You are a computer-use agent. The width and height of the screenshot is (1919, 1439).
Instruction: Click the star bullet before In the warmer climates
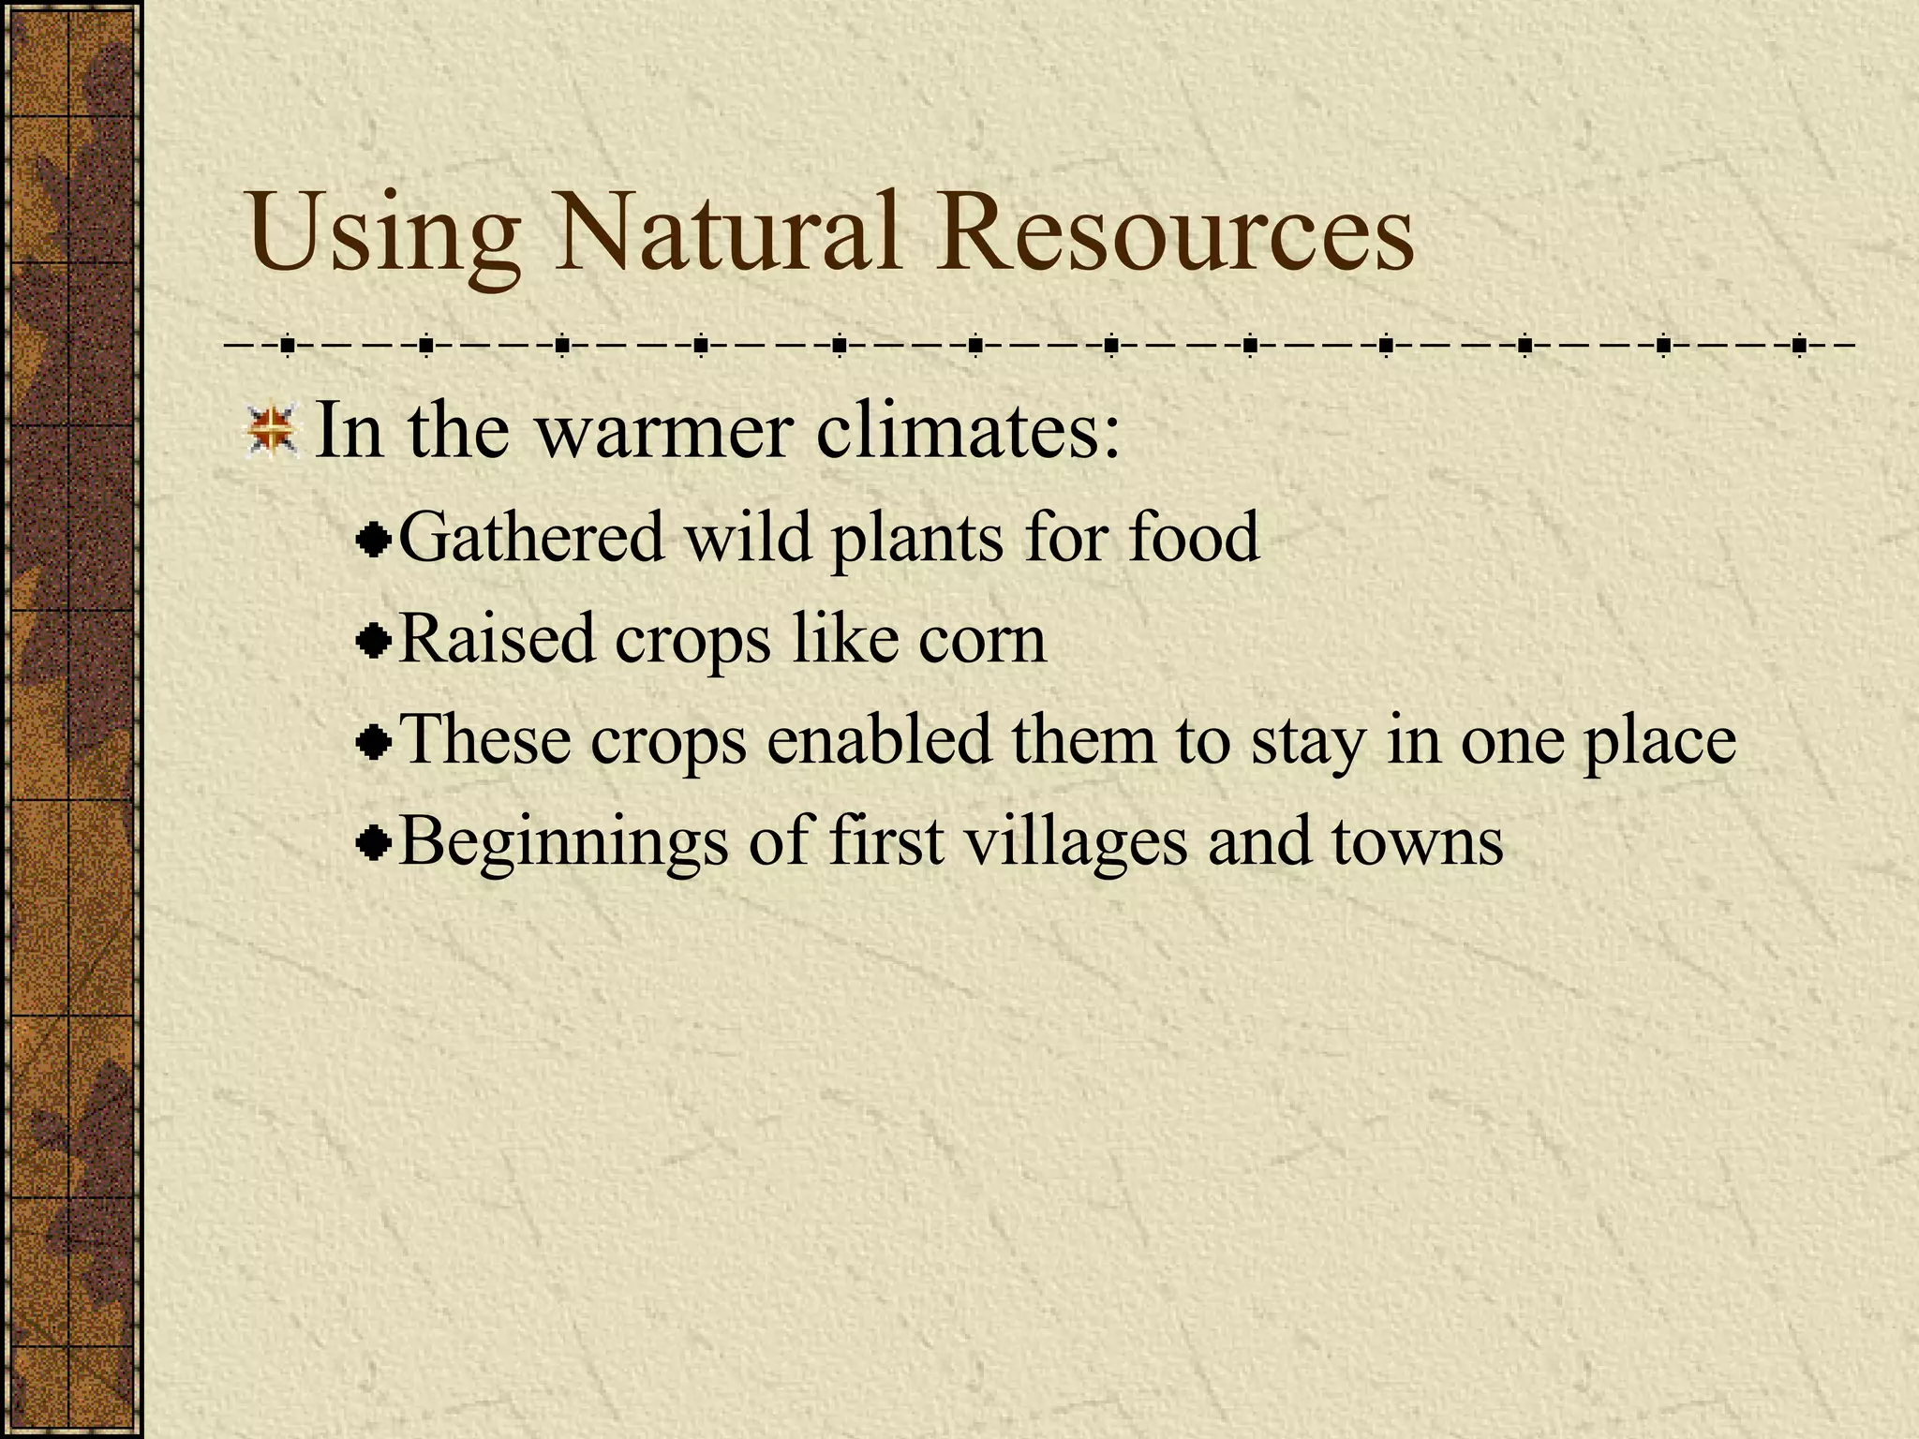pyautogui.click(x=271, y=432)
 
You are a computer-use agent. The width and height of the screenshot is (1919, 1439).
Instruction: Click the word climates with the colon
pyautogui.click(x=968, y=432)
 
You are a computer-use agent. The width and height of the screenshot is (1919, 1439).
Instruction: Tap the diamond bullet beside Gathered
pyautogui.click(x=374, y=541)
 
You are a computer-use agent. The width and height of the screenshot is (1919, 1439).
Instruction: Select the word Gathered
pyautogui.click(x=530, y=538)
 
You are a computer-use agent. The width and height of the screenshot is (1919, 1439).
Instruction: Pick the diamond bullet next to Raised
pyautogui.click(x=374, y=642)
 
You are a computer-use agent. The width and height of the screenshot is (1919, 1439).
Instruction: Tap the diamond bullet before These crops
pyautogui.click(x=374, y=743)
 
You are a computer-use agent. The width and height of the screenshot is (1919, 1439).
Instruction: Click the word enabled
pyautogui.click(x=879, y=740)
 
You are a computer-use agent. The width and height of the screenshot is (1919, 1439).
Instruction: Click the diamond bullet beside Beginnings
pyautogui.click(x=374, y=844)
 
